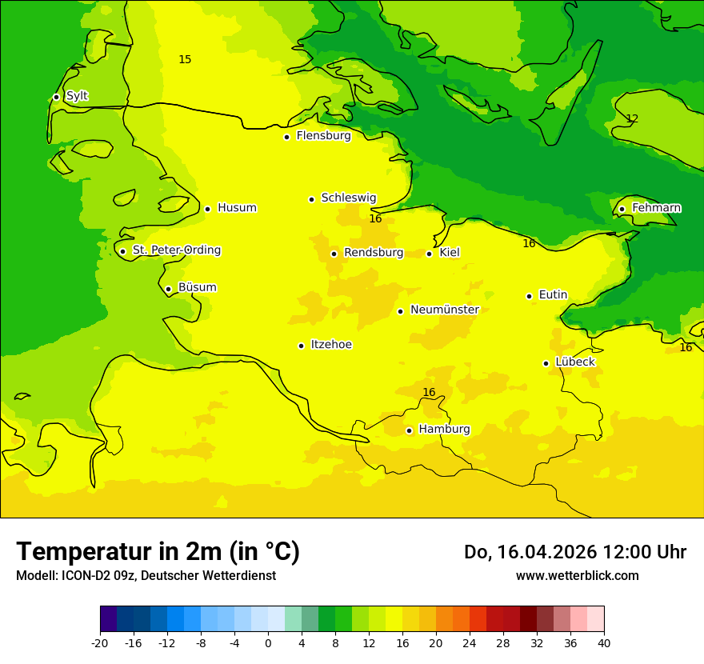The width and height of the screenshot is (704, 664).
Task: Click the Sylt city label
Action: [x=77, y=96]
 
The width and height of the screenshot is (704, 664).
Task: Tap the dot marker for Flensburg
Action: [x=286, y=137]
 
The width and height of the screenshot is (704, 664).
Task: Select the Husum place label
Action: [x=237, y=208]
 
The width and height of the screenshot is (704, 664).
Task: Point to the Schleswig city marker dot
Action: [x=311, y=199]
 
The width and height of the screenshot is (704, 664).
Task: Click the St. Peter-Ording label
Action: [x=177, y=250]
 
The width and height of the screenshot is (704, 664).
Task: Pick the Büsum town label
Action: [x=197, y=288]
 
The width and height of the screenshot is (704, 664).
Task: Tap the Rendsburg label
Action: [x=374, y=253]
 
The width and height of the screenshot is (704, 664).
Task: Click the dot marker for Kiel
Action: [x=429, y=254]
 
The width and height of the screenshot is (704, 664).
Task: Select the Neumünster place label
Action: [x=445, y=310]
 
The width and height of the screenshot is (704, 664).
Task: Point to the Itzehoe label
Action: [x=331, y=345]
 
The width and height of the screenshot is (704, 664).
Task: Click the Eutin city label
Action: [x=553, y=295]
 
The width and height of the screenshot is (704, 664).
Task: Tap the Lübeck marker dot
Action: [x=546, y=363]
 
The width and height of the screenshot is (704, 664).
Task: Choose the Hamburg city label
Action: [x=444, y=430]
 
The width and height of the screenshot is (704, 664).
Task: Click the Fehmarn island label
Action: [x=656, y=208]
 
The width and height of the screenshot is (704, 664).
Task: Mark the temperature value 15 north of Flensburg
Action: [x=185, y=60]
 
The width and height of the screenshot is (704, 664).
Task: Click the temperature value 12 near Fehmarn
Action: [x=632, y=118]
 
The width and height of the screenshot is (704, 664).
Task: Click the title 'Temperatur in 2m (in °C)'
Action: [x=158, y=552]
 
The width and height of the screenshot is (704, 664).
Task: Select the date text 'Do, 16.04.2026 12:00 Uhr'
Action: [x=575, y=552]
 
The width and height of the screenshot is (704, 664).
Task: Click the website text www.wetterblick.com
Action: [x=577, y=576]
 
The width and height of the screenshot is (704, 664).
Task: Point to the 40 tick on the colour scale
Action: [x=604, y=643]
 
